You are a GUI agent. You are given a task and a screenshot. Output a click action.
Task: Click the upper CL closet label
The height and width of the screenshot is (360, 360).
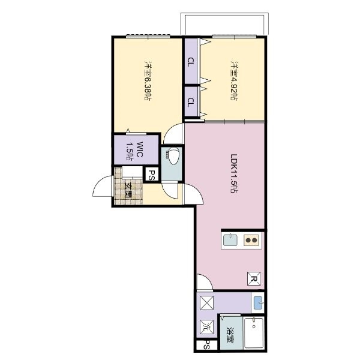coord(190,62)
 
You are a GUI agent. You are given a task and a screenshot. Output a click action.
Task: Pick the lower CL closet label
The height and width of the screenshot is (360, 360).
coord(190,103)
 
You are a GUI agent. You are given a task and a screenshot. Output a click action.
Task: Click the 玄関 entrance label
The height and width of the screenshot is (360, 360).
coord(128,191)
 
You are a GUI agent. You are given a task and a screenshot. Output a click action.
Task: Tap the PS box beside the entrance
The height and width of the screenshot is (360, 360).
coord(152,176)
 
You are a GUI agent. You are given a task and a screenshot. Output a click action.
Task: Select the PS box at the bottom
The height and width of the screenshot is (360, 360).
coord(207,345)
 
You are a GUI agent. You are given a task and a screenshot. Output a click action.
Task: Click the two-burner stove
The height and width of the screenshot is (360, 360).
coord(251,241)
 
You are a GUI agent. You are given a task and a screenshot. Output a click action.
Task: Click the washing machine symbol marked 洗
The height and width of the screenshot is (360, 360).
coord(206,327)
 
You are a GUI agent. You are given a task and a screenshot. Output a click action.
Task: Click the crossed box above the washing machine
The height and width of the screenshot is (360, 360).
coord(206,302)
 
